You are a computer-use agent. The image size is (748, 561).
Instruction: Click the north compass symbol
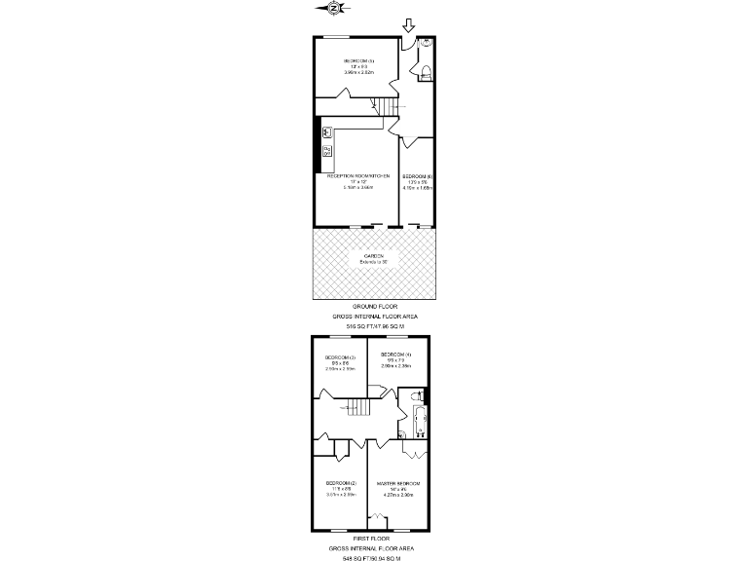[x=334, y=9]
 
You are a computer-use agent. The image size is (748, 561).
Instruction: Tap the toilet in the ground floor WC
[x=425, y=65]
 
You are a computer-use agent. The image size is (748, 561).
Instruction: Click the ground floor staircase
[x=387, y=108]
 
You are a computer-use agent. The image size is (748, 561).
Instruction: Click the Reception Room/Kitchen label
[x=357, y=175]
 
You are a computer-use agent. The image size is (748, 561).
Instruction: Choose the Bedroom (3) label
[x=340, y=357]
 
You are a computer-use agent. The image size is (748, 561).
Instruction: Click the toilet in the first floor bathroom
[x=416, y=396]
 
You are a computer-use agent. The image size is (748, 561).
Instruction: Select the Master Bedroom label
[x=399, y=484]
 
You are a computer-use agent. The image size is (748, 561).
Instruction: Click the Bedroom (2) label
[x=342, y=484]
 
